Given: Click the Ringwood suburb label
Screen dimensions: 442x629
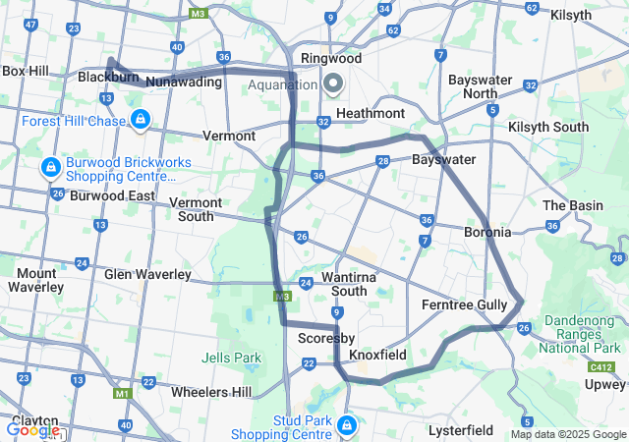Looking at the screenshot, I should point(331,58).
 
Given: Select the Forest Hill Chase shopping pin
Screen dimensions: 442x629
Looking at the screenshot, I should point(141,120).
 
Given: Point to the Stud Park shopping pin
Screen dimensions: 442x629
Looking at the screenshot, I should point(347,425).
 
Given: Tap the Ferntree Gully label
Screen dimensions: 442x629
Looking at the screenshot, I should point(464,304).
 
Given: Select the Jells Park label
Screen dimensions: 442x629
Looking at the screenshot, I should point(231,357).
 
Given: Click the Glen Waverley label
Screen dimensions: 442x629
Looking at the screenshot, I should point(146,274).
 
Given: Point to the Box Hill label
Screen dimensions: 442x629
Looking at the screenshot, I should point(26,71).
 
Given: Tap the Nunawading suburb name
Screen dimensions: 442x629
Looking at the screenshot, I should point(183,83).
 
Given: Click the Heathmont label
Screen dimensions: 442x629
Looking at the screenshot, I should point(370,114).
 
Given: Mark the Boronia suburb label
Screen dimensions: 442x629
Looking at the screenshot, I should point(487,233).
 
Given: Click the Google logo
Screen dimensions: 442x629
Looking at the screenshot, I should point(32,430).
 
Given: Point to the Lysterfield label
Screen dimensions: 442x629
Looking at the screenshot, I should point(460,430).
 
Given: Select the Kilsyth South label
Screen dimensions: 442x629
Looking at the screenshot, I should point(547,127).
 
